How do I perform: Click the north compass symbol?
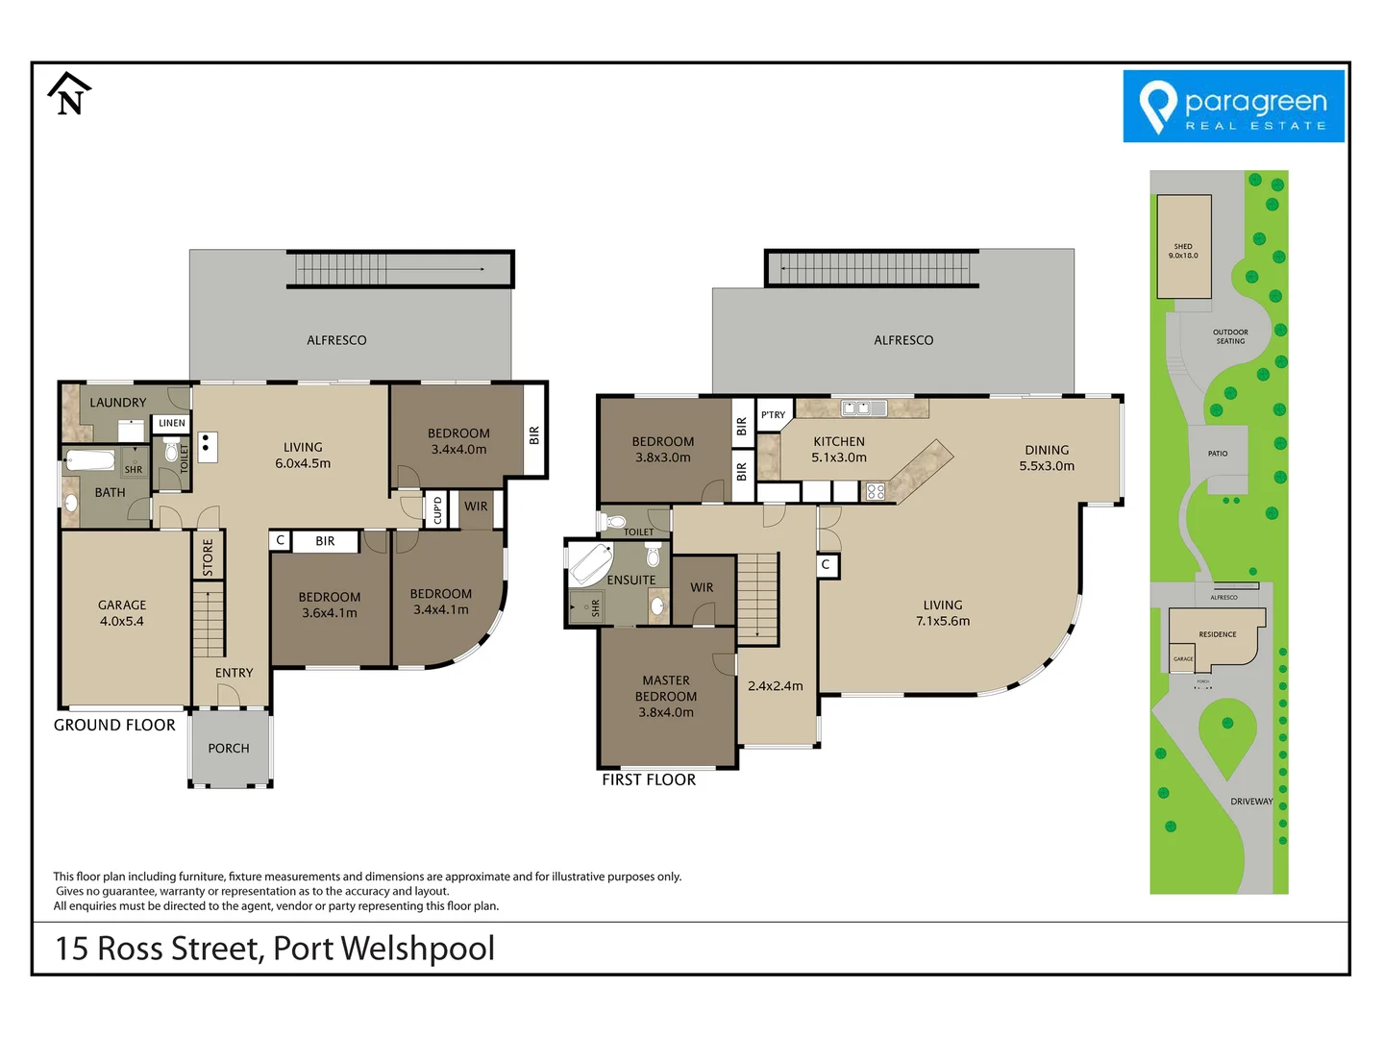(x=68, y=94)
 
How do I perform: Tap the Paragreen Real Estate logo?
(x=1233, y=107)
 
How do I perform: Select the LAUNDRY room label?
(x=118, y=403)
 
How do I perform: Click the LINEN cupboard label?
(x=172, y=423)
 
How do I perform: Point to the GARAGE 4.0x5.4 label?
(x=122, y=613)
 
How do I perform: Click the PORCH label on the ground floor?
(x=229, y=748)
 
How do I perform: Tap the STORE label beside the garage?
(x=209, y=557)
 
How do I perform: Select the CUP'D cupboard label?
(x=438, y=509)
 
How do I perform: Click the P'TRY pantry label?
(x=774, y=415)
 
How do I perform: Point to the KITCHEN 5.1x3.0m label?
(x=839, y=450)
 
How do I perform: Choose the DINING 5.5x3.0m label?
(x=1047, y=457)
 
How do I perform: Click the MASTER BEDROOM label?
(x=666, y=696)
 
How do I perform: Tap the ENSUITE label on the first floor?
(x=631, y=581)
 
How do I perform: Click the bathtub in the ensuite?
(x=591, y=564)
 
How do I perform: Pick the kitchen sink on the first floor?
(x=863, y=408)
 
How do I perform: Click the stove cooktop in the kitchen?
(x=876, y=492)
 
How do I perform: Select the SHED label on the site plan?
(x=1183, y=251)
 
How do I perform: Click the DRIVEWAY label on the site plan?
(x=1251, y=802)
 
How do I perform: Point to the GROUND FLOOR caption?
(x=114, y=725)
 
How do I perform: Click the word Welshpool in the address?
(x=418, y=949)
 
